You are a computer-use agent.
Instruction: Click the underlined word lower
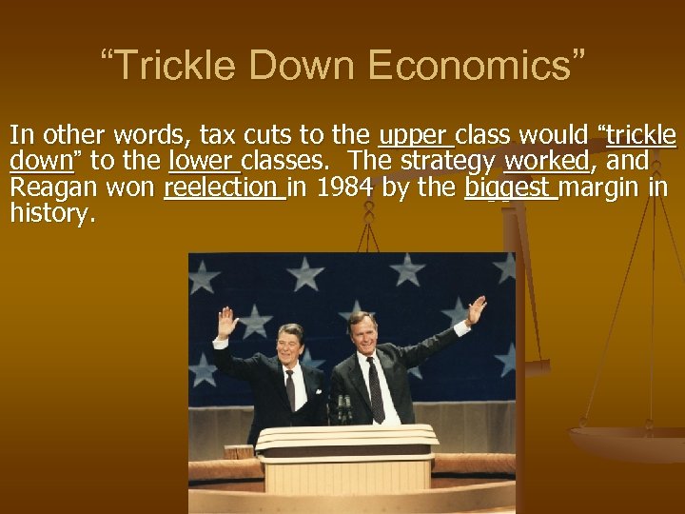(202, 161)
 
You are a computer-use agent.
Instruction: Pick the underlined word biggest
(508, 188)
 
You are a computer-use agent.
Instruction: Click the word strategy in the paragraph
(452, 161)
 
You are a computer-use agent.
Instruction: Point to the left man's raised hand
(227, 321)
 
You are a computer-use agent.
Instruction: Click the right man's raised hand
(476, 310)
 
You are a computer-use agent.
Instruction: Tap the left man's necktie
(290, 389)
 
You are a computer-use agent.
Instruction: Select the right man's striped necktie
(377, 389)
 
